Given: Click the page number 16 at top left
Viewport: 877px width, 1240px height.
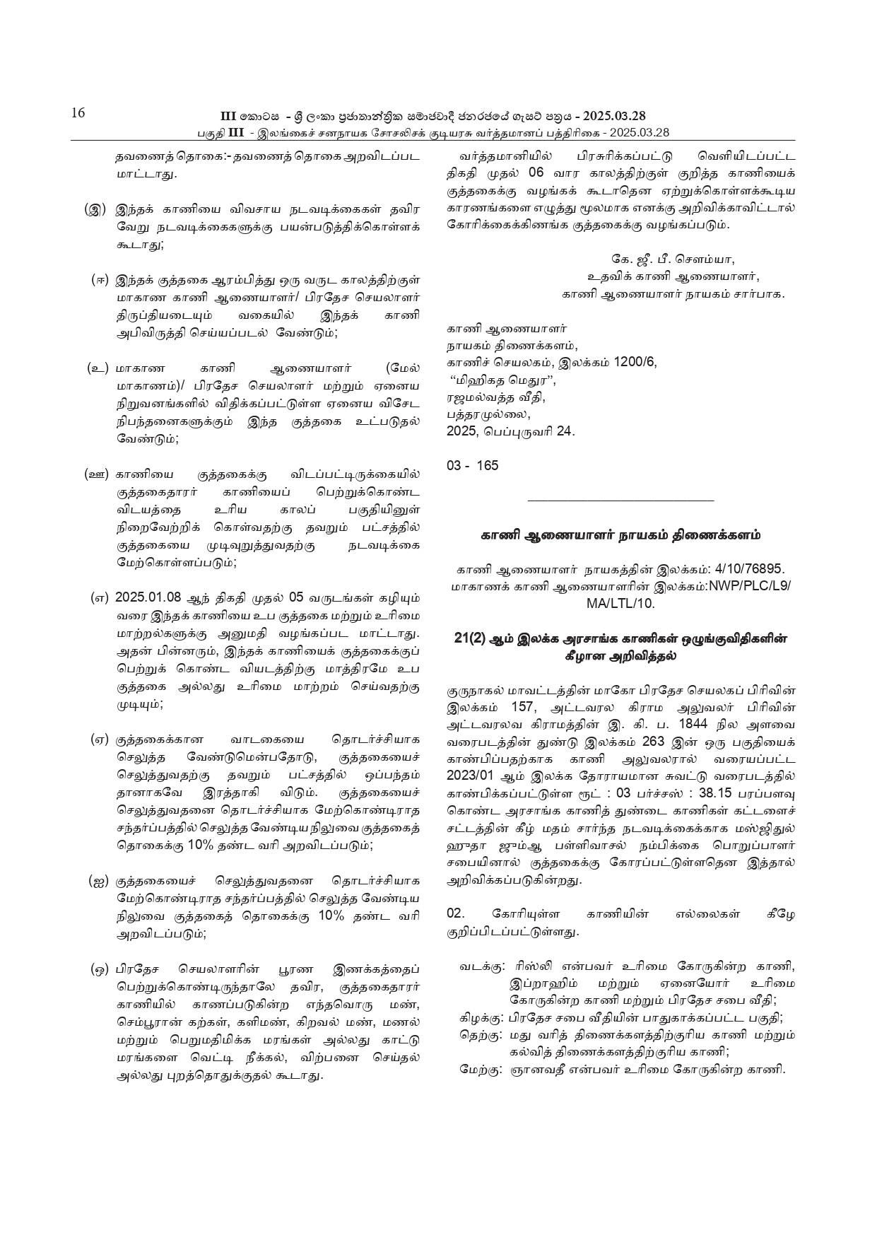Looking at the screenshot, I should coord(77,113).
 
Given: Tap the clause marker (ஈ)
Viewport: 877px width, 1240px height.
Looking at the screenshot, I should coord(100,279).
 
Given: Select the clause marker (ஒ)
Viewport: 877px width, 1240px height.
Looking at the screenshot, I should coord(99,969).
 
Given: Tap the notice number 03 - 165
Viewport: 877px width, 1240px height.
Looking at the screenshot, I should coord(472,465).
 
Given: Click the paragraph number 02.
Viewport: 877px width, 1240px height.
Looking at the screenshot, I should coord(456,914).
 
